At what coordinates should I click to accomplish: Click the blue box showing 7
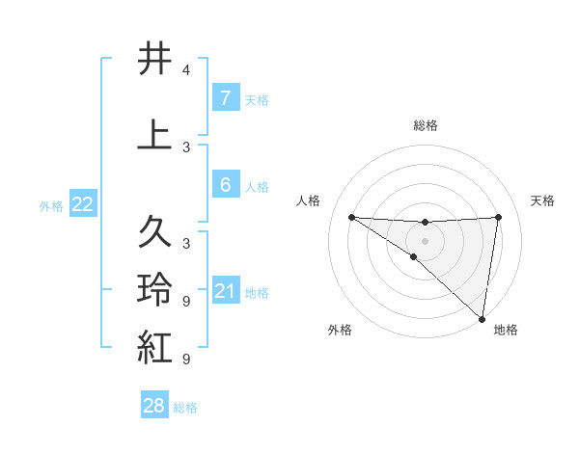[x=225, y=98]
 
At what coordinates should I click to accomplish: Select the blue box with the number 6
[x=225, y=185]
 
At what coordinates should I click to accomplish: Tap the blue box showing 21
[x=225, y=291]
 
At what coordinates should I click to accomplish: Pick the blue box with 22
[x=83, y=204]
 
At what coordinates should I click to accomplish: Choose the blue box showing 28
[x=153, y=406]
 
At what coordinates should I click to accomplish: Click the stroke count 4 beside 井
[x=186, y=70]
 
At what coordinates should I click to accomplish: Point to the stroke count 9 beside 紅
[x=186, y=360]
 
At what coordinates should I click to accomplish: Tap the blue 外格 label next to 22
[x=51, y=205]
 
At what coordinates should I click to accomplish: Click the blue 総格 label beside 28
[x=185, y=408]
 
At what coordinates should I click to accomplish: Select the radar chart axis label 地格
[x=506, y=330]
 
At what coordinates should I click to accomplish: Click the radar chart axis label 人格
[x=309, y=200]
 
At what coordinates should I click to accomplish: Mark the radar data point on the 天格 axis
[x=498, y=217]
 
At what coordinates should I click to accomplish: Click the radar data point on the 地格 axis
[x=482, y=318]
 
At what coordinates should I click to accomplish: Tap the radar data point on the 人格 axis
[x=351, y=217]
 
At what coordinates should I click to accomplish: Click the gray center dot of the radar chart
[x=425, y=240]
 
